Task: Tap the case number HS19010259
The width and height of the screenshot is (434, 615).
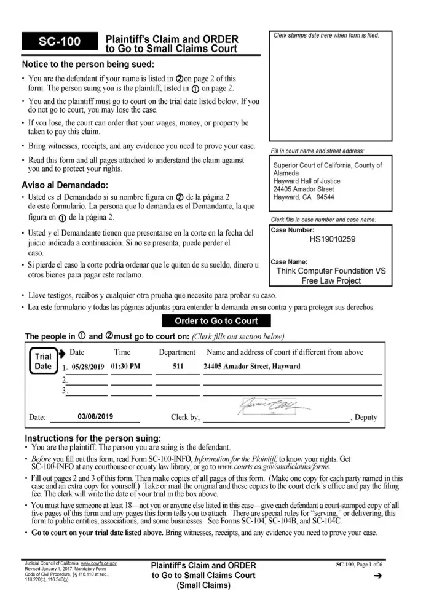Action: pos(332,239)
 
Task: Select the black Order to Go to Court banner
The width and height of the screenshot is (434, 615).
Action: pos(216,321)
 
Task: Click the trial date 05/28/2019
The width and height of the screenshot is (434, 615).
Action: pos(88,367)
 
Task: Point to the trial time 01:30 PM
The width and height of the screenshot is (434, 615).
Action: pos(126,367)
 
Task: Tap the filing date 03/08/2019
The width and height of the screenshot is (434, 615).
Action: pos(96,416)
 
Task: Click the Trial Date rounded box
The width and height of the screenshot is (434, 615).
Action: pos(43,362)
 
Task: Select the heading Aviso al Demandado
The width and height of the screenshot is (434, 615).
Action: pos(65,185)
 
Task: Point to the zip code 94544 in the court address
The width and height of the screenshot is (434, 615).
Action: pos(324,197)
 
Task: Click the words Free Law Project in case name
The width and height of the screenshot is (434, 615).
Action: pos(331,280)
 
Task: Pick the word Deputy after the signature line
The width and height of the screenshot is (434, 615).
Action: pos(365,418)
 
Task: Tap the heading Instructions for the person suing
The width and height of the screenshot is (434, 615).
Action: pos(92,438)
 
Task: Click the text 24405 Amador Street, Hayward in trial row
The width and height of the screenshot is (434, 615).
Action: pos(252,367)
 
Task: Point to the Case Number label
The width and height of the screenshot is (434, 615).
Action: pos(293,230)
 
